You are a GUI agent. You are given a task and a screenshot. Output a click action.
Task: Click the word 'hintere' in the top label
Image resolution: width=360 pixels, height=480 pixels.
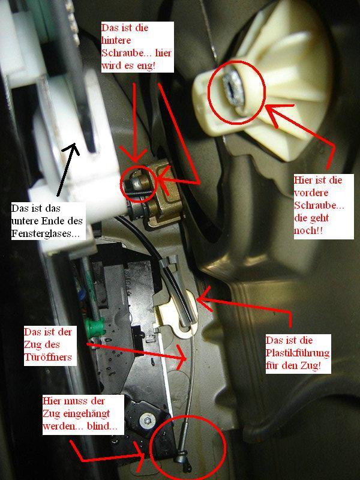pos(116,40)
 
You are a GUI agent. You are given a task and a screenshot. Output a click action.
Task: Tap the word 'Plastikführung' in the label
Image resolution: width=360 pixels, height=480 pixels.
pos(297,353)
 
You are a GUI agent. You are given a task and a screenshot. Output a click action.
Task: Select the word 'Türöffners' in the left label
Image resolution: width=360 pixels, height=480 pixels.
pos(48,357)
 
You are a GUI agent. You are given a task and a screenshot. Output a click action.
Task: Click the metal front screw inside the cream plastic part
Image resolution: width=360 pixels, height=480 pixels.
pos(233,91)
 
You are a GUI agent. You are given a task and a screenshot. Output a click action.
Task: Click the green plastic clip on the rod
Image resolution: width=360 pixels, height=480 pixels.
pos(95,328)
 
